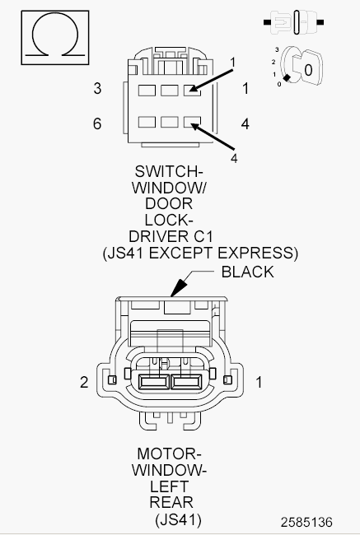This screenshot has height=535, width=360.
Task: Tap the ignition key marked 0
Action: (307, 68)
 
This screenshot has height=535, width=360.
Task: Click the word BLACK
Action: (248, 272)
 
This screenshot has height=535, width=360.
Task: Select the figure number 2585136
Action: (306, 522)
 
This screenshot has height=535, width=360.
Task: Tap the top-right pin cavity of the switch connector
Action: (192, 91)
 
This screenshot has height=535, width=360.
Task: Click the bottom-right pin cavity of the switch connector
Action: (192, 122)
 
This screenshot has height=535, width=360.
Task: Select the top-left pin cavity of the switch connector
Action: (147, 91)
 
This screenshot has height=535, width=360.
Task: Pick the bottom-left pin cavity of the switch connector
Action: (147, 122)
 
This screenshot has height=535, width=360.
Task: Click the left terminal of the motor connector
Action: (154, 382)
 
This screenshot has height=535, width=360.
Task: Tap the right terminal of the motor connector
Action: (186, 382)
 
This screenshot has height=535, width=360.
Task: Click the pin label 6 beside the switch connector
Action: (97, 123)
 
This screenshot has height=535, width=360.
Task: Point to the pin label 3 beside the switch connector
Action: (97, 89)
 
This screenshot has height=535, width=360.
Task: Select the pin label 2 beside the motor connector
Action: (84, 382)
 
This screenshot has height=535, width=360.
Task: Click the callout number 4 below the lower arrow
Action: (234, 158)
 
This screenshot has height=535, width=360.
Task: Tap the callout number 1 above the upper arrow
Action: (233, 63)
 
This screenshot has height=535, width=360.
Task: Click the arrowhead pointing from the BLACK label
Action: (178, 289)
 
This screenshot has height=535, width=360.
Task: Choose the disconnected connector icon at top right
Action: (294, 22)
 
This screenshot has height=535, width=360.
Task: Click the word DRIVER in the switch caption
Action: (156, 236)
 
